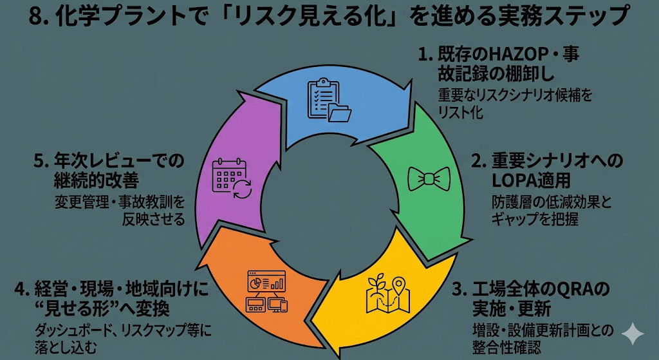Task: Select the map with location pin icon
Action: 388,292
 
